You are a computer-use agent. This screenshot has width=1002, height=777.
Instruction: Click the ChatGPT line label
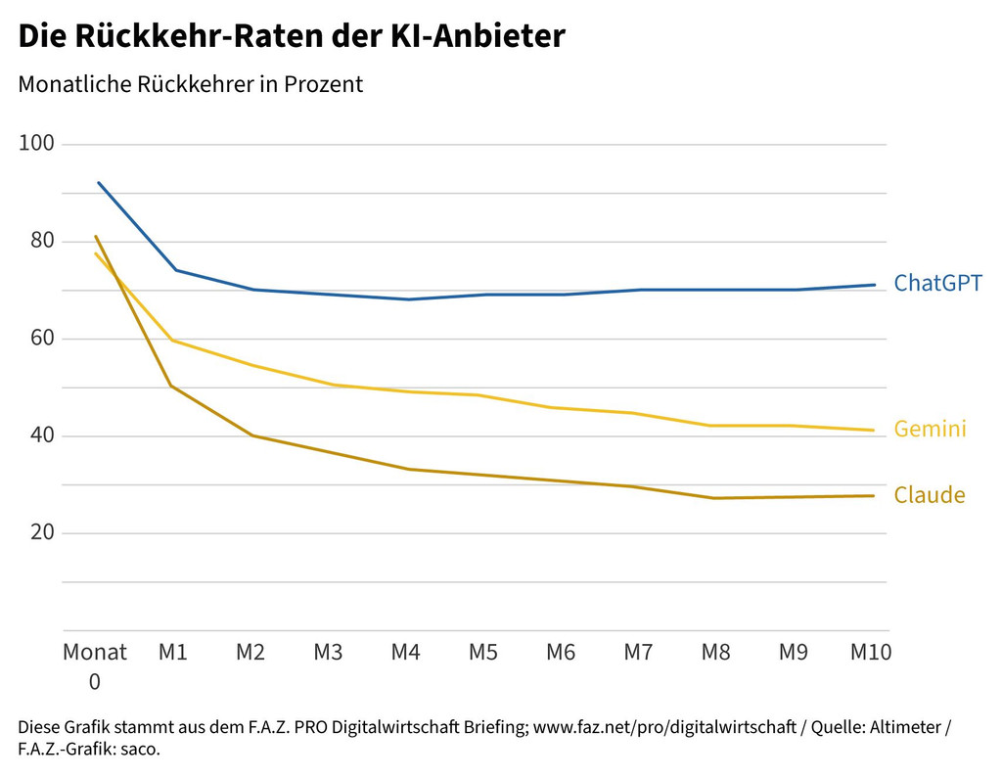937,283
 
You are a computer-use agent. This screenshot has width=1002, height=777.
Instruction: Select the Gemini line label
930,429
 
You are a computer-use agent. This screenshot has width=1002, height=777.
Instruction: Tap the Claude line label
930,495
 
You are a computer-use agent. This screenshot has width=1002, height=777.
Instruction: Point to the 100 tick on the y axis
36,145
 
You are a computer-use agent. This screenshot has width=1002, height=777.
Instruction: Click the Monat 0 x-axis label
95,666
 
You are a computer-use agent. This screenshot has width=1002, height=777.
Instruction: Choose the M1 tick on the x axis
173,653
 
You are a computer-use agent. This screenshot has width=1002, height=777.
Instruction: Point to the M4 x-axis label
405,653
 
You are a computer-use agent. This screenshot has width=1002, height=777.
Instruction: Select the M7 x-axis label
638,653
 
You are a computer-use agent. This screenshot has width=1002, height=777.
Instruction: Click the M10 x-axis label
871,653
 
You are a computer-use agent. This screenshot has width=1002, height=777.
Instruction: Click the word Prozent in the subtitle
323,84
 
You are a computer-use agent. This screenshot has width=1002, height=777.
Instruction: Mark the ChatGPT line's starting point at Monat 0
98,182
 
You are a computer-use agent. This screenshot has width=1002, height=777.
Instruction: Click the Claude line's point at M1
172,387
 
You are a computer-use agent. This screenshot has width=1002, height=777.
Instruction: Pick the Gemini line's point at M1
173,341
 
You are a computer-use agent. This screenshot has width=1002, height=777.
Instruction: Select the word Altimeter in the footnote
899,728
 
